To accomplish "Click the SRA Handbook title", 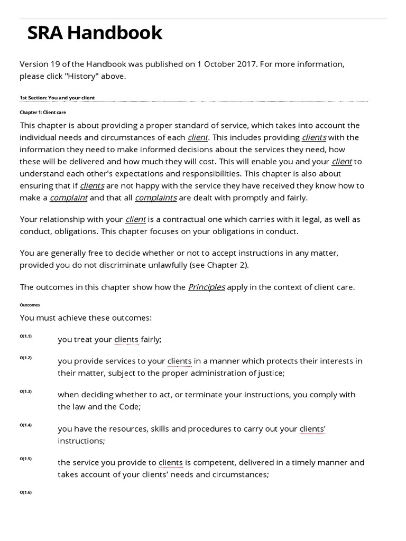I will coord(95,33).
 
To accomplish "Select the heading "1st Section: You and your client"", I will coord(57,98).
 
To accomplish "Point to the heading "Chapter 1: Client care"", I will coord(43,113).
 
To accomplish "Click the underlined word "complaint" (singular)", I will coord(69,198).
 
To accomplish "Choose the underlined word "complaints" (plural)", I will coord(156,198).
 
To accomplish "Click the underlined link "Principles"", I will coord(207,287).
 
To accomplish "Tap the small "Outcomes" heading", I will coord(30,305).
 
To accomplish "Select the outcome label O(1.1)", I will coord(26,337).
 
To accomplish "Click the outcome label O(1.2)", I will coord(26,358).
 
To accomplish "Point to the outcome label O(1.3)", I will coord(26,391).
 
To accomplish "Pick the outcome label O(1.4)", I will coord(26,425).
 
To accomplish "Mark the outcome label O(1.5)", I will coord(26,459).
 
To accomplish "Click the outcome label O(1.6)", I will coord(26,492).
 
